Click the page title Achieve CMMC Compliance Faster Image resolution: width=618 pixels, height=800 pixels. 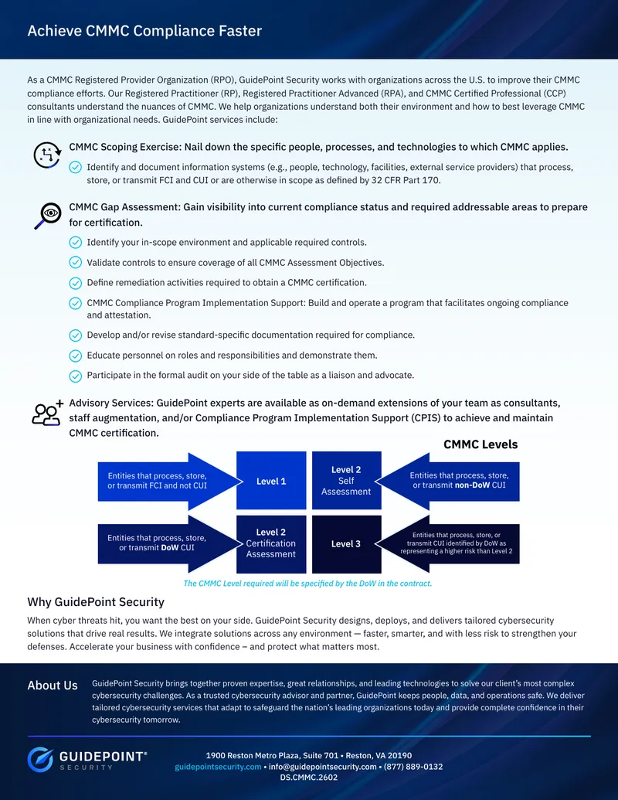pyautogui.click(x=144, y=31)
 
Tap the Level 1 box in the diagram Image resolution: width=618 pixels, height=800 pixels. pyautogui.click(x=271, y=481)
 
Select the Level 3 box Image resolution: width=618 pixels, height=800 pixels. pyautogui.click(x=346, y=544)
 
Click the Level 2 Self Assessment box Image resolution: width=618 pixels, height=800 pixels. pyautogui.click(x=346, y=481)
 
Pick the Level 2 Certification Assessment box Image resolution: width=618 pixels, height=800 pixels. pyautogui.click(x=271, y=544)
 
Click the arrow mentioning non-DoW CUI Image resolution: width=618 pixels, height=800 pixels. pyautogui.click(x=448, y=481)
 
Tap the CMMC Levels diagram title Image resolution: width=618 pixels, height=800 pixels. pyautogui.click(x=480, y=444)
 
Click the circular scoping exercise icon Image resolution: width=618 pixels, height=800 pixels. pyautogui.click(x=47, y=155)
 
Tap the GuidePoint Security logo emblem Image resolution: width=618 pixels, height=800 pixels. pyautogui.click(x=40, y=760)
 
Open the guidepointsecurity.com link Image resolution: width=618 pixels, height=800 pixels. pyautogui.click(x=218, y=767)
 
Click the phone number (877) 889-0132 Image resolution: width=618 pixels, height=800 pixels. pyautogui.click(x=413, y=767)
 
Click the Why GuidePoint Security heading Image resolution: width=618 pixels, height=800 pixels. pyautogui.click(x=96, y=602)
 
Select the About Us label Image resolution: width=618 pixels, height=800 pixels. pyautogui.click(x=53, y=685)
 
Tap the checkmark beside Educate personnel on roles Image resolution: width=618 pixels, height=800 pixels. pyautogui.click(x=76, y=356)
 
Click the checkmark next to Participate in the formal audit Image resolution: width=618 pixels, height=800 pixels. pyautogui.click(x=76, y=376)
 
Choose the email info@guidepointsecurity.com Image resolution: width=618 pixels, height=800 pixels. pyautogui.click(x=323, y=767)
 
